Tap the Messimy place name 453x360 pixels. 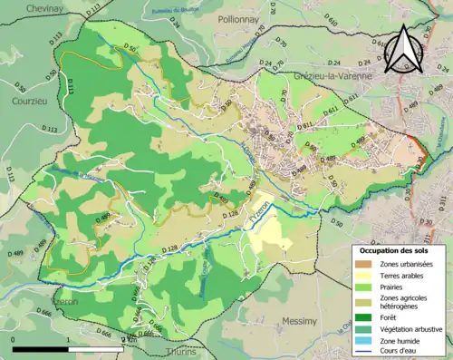tap(299, 321)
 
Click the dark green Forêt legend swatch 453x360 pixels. tap(366, 316)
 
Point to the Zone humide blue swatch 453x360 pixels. tap(366, 341)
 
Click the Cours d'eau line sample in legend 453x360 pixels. tap(366, 353)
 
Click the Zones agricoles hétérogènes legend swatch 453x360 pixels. tap(366, 301)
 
